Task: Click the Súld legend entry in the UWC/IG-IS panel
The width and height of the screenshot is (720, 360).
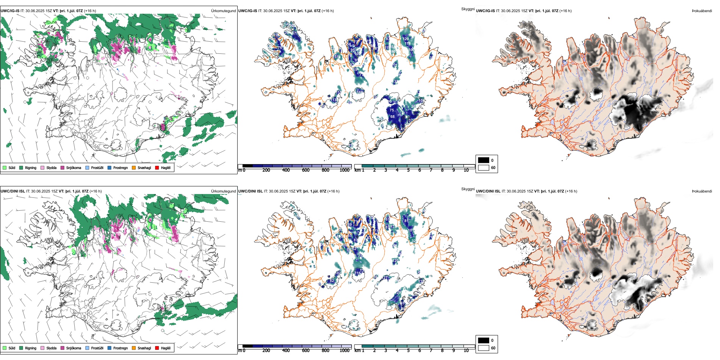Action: pyautogui.click(x=12, y=167)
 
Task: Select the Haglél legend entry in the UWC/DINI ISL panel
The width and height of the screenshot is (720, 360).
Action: pyautogui.click(x=166, y=348)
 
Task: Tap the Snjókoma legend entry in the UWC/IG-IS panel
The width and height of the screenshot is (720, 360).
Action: pyautogui.click(x=74, y=167)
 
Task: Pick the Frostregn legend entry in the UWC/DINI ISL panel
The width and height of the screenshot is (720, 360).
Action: pyautogui.click(x=121, y=348)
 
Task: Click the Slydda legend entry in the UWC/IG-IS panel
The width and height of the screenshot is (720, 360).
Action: pyautogui.click(x=51, y=167)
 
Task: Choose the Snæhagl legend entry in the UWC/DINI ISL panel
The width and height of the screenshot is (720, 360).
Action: pyautogui.click(x=144, y=348)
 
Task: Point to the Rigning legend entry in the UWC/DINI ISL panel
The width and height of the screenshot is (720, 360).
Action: pyautogui.click(x=31, y=348)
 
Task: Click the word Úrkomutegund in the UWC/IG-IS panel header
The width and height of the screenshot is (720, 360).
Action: pyautogui.click(x=223, y=11)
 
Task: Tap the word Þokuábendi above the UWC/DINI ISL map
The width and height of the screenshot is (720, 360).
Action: pyautogui.click(x=702, y=191)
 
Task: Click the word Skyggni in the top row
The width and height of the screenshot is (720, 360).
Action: pyautogui.click(x=468, y=9)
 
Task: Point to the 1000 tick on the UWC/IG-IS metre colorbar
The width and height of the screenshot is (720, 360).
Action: pyautogui.click(x=344, y=170)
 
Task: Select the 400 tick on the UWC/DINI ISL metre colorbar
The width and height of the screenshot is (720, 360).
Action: pyautogui.click(x=286, y=351)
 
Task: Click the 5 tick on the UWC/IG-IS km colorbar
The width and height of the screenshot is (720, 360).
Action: pyautogui.click(x=408, y=170)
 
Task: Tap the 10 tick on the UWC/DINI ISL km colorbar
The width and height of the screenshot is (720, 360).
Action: pyautogui.click(x=466, y=351)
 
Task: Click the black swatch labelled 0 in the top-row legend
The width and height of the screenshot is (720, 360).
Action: pyautogui.click(x=484, y=160)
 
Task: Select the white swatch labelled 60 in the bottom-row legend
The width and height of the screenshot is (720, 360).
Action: pyautogui.click(x=484, y=348)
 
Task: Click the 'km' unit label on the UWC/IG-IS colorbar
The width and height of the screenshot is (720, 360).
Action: pyautogui.click(x=357, y=170)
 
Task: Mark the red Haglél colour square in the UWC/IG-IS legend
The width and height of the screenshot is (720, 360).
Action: pyautogui.click(x=157, y=167)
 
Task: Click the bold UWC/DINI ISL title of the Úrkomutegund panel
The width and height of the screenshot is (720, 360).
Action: pyautogui.click(x=13, y=191)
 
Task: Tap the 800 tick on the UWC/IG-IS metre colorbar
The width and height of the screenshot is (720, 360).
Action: pyautogui.click(x=325, y=170)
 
